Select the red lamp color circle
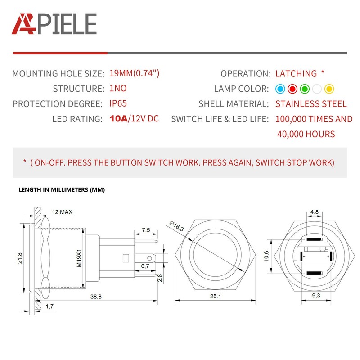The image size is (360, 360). point(292,89)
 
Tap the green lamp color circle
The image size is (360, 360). point(304,89)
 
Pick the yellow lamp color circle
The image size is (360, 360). point(328,89)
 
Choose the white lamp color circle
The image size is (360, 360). point(316,89)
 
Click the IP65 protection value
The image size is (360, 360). point(118,103)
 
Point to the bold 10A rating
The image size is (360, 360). point(118,119)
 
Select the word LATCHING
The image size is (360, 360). point(296,74)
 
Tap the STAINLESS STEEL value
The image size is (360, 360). point(311,104)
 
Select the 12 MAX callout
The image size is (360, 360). point(62,211)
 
